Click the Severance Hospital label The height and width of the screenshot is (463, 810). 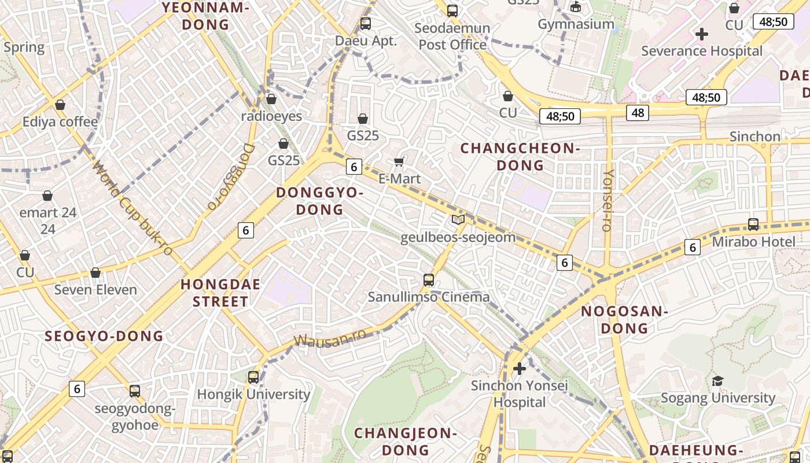pos(702,51)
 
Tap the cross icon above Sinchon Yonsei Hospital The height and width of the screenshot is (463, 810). pos(520,368)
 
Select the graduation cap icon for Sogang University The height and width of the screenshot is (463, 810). pos(717,381)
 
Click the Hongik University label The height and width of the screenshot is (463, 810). pos(253,395)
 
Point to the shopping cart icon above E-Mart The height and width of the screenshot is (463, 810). pos(399,161)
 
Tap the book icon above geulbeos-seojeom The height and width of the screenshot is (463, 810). pos(458,220)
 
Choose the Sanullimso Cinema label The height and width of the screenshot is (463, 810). pos(429,297)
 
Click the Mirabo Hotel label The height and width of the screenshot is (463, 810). pos(753,242)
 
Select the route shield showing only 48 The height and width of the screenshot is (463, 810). pos(638,113)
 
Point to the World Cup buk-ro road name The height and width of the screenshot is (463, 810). pos(133,208)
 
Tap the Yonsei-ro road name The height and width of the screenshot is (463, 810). pos(607,200)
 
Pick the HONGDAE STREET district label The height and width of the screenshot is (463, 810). pos(220,293)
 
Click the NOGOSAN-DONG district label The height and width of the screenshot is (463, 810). pos(624,319)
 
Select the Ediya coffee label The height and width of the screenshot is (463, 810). pos(60,122)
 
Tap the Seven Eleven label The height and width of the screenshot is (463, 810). pos(95,290)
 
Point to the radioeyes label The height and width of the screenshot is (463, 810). pos(271,116)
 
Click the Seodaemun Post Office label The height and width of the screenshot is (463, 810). pos(452,36)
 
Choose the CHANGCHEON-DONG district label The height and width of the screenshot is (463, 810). pos(520,157)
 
